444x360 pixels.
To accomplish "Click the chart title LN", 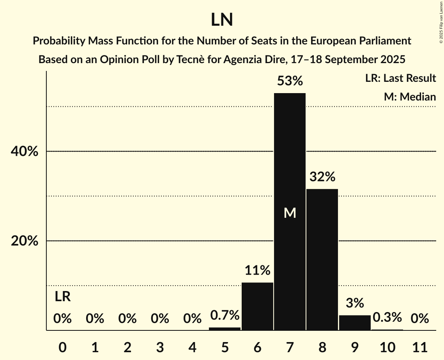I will coord(222,20).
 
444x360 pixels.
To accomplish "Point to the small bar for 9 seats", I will coord(355,323).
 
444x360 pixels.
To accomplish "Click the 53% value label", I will coord(290,81).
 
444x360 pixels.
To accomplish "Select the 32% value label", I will coord(322,177).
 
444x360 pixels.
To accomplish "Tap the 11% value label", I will coord(257,270).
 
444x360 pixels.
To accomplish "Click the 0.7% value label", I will coord(225,315).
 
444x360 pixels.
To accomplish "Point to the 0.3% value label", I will coord(387,318).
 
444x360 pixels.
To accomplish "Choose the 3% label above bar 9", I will coord(355,303).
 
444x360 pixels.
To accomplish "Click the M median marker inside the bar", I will coord(290,213).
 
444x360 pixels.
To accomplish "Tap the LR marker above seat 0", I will coord(62,297).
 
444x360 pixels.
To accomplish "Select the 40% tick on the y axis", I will coord(25,152).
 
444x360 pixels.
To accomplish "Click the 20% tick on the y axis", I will coord(25,241).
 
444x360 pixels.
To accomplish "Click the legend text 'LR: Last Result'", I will coord(400,78).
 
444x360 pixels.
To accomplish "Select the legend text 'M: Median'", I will coord(410,97).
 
